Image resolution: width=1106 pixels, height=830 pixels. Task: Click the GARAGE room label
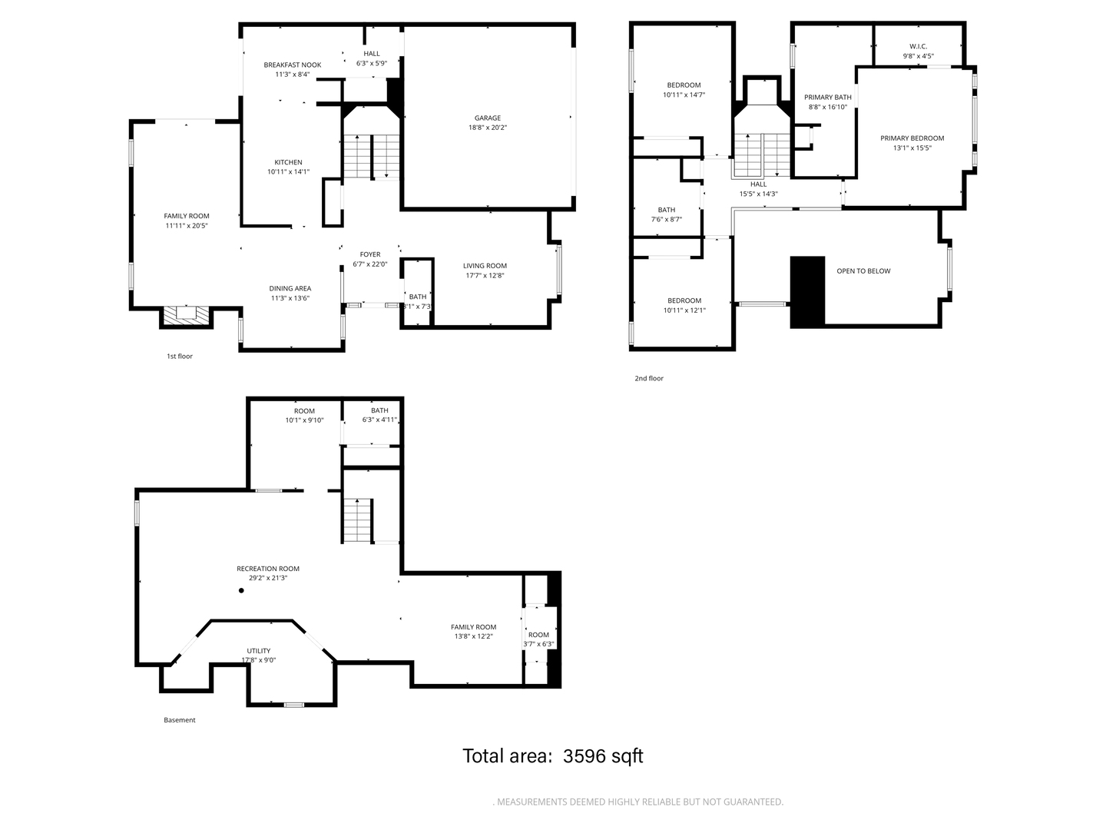click(x=487, y=118)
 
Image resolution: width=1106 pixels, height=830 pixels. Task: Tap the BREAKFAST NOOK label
click(x=292, y=65)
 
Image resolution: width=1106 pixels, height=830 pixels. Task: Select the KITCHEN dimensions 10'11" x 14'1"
click(x=288, y=172)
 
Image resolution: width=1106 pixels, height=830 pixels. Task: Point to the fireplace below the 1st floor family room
click(x=186, y=314)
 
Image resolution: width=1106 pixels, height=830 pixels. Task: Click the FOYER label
click(x=370, y=254)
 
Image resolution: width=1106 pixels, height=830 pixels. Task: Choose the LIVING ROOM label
click(x=485, y=266)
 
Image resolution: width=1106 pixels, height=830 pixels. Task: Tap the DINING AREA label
click(x=290, y=288)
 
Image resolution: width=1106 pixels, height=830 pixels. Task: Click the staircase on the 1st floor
click(x=372, y=157)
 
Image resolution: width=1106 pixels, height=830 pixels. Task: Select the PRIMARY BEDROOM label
click(x=912, y=138)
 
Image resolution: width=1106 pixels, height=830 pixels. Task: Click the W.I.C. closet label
click(x=918, y=46)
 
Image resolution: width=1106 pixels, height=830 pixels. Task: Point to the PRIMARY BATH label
click(x=827, y=97)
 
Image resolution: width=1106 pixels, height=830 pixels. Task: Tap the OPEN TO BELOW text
click(x=863, y=271)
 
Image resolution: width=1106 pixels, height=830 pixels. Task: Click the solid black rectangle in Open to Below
click(x=807, y=292)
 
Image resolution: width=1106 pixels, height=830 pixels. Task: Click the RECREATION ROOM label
click(x=267, y=569)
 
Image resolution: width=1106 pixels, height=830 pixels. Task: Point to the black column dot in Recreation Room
click(x=241, y=591)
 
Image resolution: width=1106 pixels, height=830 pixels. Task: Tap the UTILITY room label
click(x=258, y=651)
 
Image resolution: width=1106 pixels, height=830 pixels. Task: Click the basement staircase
click(x=357, y=520)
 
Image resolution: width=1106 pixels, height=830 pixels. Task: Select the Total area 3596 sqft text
click(x=552, y=756)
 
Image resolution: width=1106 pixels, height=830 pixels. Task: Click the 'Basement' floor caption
click(x=179, y=720)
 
